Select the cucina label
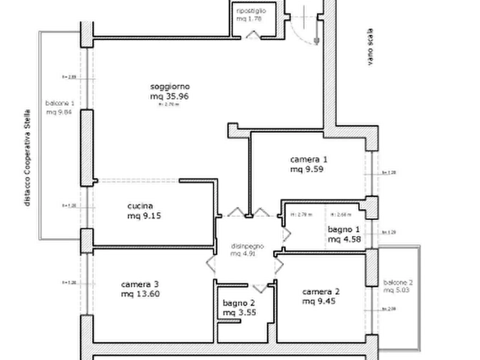pos(140,206)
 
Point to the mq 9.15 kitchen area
pos(144,217)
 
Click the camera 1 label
pos(309,160)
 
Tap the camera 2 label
pos(321,292)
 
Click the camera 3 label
pos(139,284)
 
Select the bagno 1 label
pos(344,230)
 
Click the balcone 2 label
pos(398,282)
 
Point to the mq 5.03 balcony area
pos(398,291)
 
